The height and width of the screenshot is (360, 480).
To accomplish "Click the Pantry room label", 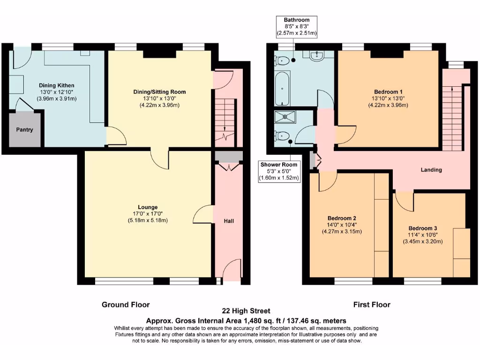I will pos(24,130).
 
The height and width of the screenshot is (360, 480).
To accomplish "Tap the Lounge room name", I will pos(148,207).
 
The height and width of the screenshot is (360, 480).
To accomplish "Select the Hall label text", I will pos(228,221).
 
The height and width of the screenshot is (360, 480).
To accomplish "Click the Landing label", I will pos(431,170).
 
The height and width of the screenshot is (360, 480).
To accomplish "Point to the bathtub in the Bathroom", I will pos(282,89).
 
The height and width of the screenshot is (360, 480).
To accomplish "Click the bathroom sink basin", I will pos(318,56).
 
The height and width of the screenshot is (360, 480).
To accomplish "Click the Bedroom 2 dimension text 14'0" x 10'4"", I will pos(342,225).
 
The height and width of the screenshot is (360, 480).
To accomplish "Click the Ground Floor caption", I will pos(126,305).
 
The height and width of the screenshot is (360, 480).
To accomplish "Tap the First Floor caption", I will pos(372,305).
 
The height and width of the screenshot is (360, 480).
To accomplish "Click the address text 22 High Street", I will pos(246,311).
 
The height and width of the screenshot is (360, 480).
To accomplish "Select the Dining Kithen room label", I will pos(56,85).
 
